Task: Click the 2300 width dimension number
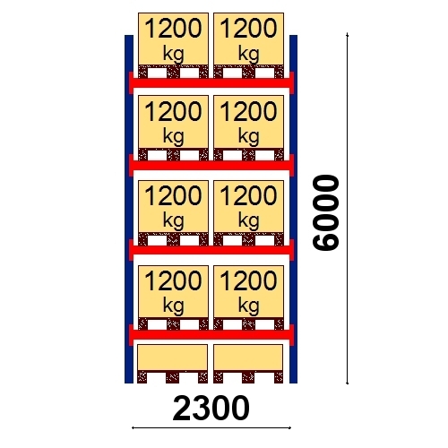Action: coord(211,409)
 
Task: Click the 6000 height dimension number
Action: coord(325,212)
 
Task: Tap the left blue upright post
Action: coord(129,209)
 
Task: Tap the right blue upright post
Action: coord(293,209)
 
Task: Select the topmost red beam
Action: coord(211,82)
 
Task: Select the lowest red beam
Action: coord(211,335)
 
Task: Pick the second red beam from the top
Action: coord(211,165)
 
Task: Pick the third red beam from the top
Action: coord(211,250)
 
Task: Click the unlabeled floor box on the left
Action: coord(173,358)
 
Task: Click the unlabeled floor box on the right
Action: coord(248,358)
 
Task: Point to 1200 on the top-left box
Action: coord(173,29)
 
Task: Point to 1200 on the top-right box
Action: coord(248,29)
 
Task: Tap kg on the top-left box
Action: coord(173,55)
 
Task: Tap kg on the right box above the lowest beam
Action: coord(248,306)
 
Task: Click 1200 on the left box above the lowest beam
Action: coord(173,280)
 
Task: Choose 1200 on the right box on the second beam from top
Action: coord(248,111)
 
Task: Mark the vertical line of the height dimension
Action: coord(347,208)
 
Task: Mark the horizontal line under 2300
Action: coord(211,428)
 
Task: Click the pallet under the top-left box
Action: coord(173,72)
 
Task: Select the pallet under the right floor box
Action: coord(248,377)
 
